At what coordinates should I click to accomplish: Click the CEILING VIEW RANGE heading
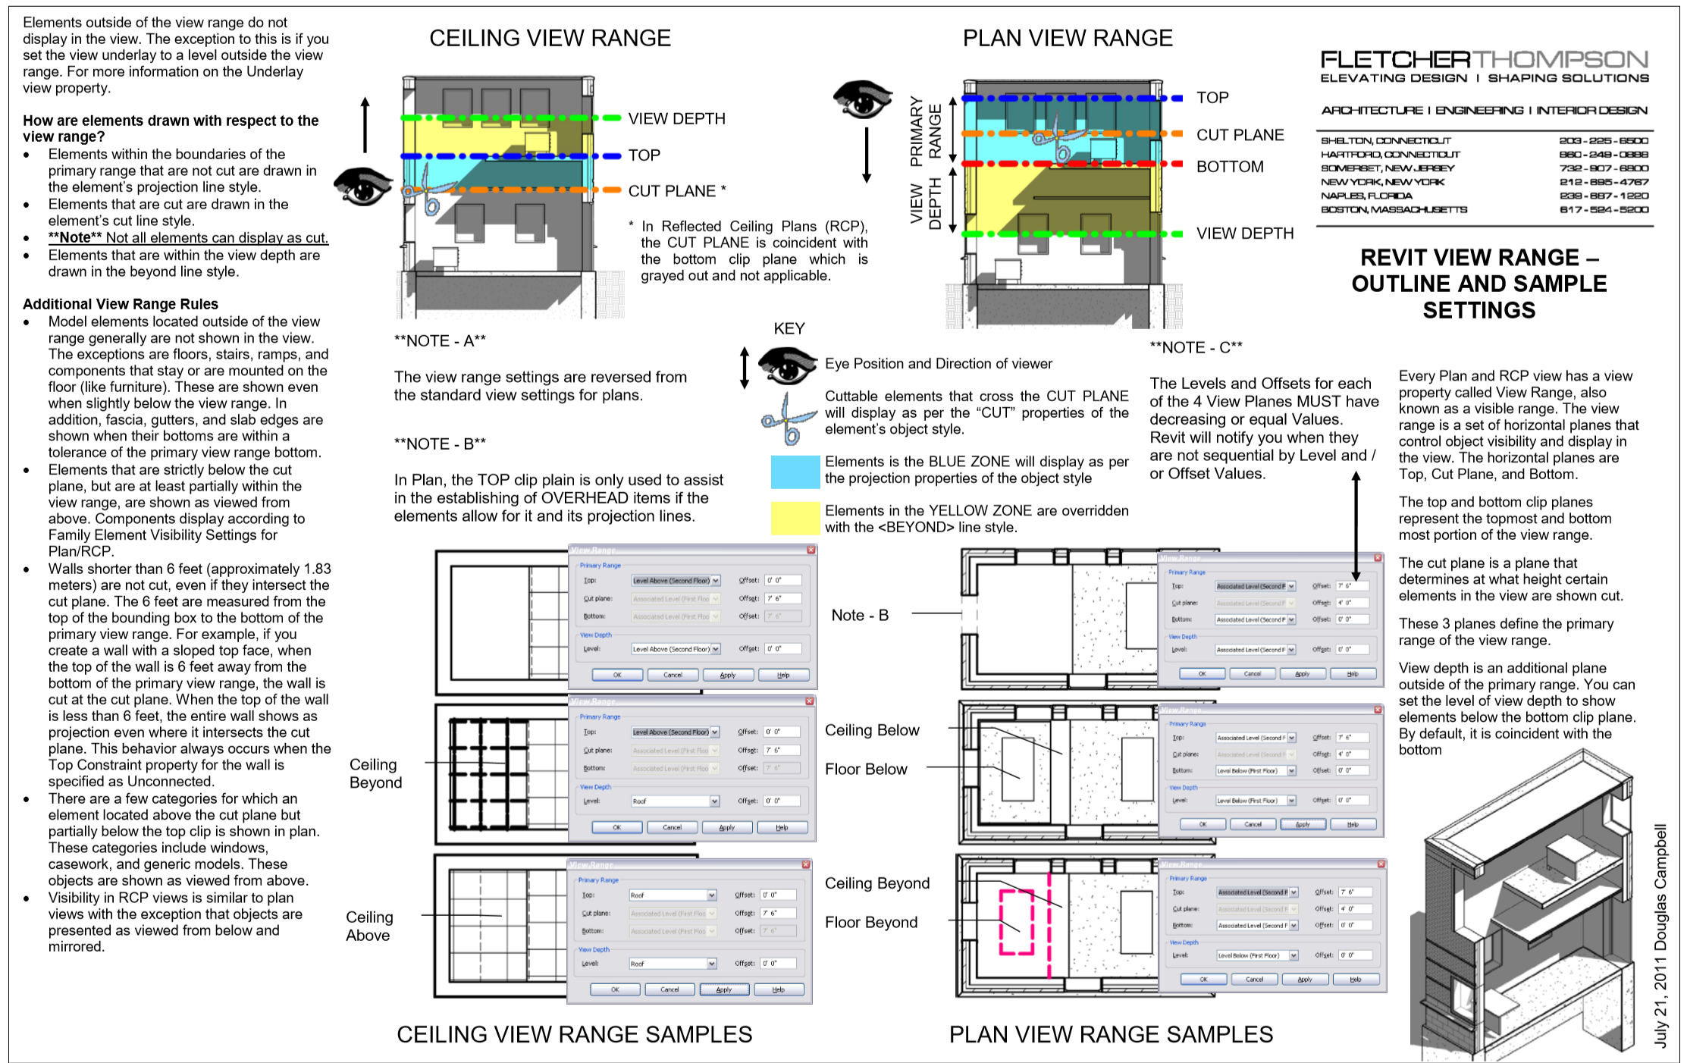[x=550, y=38]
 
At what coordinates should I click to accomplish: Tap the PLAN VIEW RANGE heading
[x=1068, y=38]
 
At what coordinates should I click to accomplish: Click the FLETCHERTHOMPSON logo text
[x=1484, y=60]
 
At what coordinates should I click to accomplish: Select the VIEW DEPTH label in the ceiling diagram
[x=676, y=119]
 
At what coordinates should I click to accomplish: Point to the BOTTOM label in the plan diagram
[x=1230, y=167]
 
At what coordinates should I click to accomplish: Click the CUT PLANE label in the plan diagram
[x=1240, y=135]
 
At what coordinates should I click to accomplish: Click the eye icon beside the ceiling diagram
[x=362, y=186]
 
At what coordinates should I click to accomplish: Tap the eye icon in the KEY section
[x=787, y=365]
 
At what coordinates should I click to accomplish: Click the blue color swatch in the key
[x=795, y=472]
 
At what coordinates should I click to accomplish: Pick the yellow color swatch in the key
[x=795, y=518]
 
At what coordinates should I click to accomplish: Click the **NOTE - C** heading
[x=1196, y=348]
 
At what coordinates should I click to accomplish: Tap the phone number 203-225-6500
[x=1603, y=141]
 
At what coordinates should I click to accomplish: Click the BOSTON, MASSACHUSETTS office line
[x=1394, y=209]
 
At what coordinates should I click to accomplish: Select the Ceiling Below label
[x=872, y=730]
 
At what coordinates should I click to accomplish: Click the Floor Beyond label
[x=871, y=923]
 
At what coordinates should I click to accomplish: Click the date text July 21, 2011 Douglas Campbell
[x=1660, y=936]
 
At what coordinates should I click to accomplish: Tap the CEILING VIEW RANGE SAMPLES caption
[x=574, y=1034]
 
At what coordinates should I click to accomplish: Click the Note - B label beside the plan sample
[x=860, y=616]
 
